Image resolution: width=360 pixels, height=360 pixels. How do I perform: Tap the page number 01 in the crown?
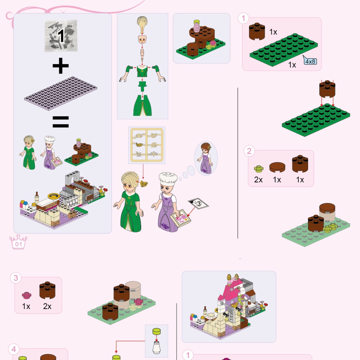click(19, 244)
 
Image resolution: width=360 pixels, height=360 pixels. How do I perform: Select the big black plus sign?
click(61, 66)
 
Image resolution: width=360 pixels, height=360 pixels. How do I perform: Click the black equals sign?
click(61, 122)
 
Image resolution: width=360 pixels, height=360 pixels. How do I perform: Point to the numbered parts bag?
click(61, 36)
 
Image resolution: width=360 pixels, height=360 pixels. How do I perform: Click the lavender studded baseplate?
click(61, 93)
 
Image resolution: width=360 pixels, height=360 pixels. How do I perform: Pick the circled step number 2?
click(249, 151)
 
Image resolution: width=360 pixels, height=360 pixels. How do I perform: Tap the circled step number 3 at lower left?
click(16, 278)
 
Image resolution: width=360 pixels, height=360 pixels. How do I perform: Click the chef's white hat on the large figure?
click(168, 179)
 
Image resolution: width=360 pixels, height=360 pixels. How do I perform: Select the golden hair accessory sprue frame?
click(147, 145)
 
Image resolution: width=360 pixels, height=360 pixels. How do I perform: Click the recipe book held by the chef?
click(180, 218)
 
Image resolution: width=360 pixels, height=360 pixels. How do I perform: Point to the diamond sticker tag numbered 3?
click(198, 204)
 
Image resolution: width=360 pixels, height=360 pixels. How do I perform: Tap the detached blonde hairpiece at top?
click(142, 22)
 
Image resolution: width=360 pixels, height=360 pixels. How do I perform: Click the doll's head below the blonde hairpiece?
click(142, 39)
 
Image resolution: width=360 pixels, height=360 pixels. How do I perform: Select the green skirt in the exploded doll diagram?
click(142, 105)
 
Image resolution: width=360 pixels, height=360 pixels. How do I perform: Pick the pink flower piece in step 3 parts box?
click(27, 295)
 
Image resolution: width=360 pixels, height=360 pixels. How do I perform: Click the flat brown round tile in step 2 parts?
click(277, 167)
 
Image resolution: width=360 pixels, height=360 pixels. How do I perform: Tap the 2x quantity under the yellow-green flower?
click(258, 180)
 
